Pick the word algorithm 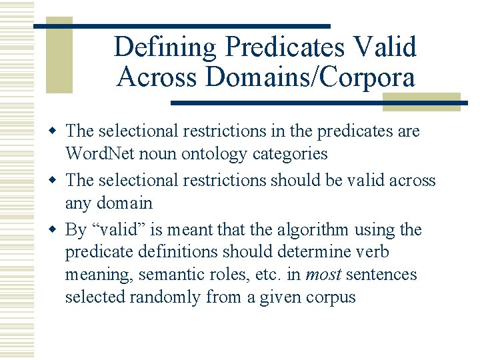pos(313,230)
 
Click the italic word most pos(321,275)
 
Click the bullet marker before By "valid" pos(57,230)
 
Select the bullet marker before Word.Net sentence pos(57,131)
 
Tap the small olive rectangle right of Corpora pos(421,101)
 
